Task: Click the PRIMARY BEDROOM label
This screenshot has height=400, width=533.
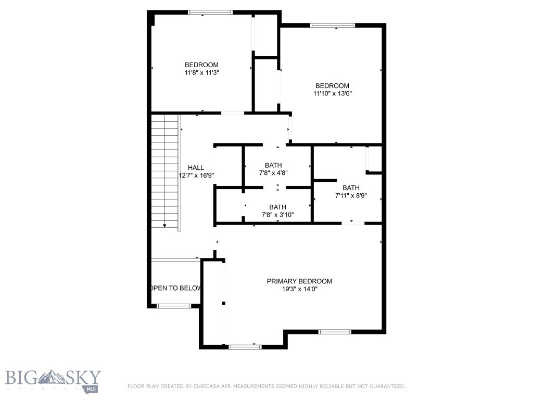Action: [x=299, y=281]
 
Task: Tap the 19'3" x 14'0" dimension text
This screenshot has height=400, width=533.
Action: [x=299, y=289]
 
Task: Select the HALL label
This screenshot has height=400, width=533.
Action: [x=196, y=167]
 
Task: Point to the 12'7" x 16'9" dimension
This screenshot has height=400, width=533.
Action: [x=196, y=176]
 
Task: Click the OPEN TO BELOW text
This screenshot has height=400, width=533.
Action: [x=176, y=288]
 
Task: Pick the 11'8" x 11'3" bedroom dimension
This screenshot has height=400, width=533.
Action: [x=201, y=73]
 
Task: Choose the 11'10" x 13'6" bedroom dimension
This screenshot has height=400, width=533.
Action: [x=332, y=94]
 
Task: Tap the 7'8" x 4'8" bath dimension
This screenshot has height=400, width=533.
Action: [x=273, y=173]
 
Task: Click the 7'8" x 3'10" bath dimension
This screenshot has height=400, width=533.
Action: [x=277, y=215]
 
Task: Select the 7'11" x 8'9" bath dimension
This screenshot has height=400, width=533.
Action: [x=351, y=196]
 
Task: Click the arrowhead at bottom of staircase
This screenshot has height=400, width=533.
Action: [x=164, y=226]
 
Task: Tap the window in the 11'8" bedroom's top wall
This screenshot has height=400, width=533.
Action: [x=210, y=12]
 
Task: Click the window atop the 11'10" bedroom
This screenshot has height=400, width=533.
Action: [x=332, y=25]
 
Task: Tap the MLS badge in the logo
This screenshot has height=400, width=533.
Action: [x=92, y=389]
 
